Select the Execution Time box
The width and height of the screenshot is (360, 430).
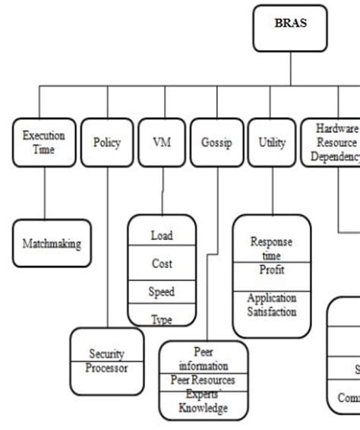click(x=44, y=142)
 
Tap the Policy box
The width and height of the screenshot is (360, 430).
click(x=106, y=142)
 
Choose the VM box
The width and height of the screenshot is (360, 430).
click(x=162, y=142)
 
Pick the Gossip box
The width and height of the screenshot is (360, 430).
click(x=216, y=142)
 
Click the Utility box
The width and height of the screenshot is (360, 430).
click(x=271, y=142)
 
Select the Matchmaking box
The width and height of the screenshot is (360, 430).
click(x=52, y=244)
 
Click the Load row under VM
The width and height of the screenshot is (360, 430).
click(x=162, y=236)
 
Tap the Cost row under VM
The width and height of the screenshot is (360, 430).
click(x=162, y=264)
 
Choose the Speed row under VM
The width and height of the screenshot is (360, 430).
click(x=162, y=292)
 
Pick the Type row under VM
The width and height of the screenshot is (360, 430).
click(x=162, y=319)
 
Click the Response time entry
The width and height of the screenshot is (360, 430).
click(x=271, y=248)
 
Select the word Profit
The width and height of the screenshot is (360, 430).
click(x=271, y=270)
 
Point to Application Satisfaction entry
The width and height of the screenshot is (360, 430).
click(x=271, y=305)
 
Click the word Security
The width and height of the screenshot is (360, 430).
click(x=106, y=354)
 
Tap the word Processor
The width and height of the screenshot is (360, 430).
click(x=106, y=368)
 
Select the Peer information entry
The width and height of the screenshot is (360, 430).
click(x=203, y=358)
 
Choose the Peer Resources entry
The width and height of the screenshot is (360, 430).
click(x=203, y=379)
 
